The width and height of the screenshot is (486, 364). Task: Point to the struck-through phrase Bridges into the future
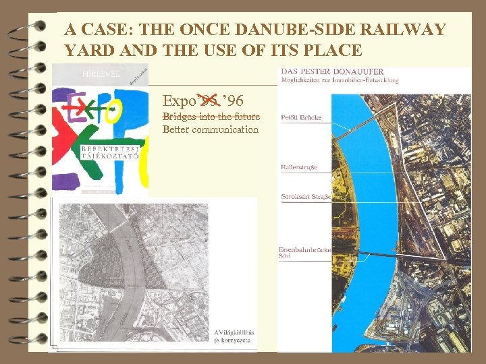211,117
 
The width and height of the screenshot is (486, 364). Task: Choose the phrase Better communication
211,129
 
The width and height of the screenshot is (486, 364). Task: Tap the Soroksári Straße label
304,197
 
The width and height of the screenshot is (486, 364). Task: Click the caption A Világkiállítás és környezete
232,336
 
